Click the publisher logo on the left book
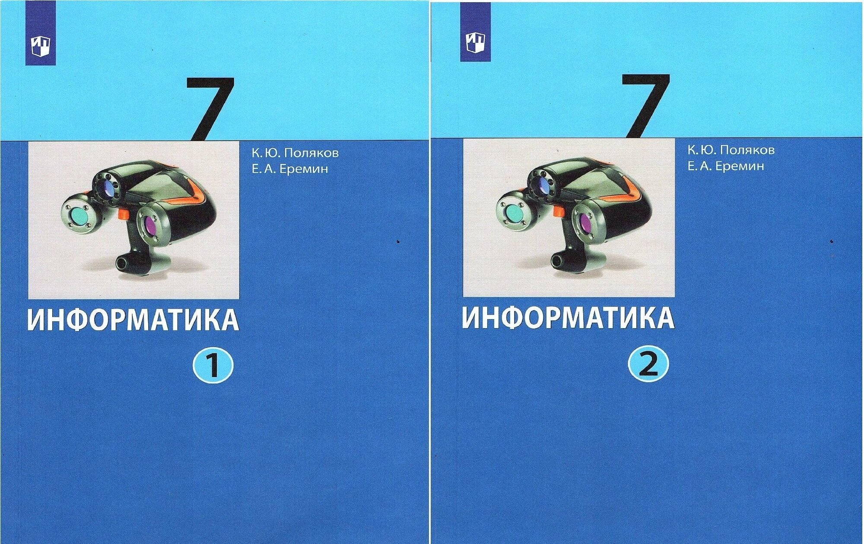point(40,46)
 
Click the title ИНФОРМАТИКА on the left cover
point(133,320)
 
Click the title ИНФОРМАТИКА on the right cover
point(568,318)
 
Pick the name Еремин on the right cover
point(739,166)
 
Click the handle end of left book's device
point(123,262)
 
